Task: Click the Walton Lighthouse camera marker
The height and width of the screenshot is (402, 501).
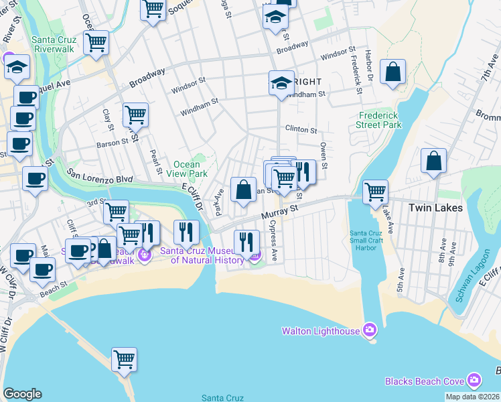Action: [369, 330]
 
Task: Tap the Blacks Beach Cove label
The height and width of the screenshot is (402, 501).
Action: [424, 381]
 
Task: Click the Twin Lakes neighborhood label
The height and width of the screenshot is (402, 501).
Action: [435, 208]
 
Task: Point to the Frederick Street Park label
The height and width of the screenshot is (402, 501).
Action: [379, 120]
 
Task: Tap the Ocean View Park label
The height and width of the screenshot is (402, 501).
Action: [187, 169]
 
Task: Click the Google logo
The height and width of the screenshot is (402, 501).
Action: [22, 393]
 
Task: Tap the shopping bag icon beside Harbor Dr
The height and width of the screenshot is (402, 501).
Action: [392, 72]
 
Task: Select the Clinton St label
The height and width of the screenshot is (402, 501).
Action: [301, 129]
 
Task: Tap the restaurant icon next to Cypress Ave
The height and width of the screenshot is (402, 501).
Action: [246, 242]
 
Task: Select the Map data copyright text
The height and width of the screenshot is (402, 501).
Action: [472, 397]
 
